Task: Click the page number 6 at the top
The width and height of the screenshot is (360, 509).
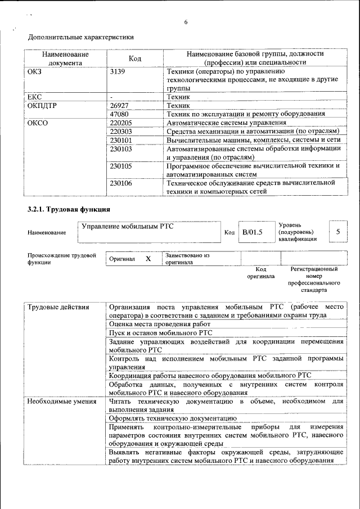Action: click(185, 22)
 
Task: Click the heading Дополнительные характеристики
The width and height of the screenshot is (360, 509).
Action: click(81, 38)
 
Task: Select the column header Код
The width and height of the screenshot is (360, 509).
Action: click(135, 58)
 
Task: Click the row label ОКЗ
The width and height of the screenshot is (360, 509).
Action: click(34, 71)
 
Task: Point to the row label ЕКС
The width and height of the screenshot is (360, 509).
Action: click(34, 97)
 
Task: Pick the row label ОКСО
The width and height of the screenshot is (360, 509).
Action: click(37, 122)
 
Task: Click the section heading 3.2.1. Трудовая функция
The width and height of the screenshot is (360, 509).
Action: click(69, 209)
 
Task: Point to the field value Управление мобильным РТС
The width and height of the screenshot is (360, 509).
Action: click(128, 227)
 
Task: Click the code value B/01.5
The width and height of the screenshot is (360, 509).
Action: click(253, 232)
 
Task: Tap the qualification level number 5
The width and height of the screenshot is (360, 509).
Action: click(337, 232)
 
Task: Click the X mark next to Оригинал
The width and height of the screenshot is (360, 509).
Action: click(148, 258)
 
